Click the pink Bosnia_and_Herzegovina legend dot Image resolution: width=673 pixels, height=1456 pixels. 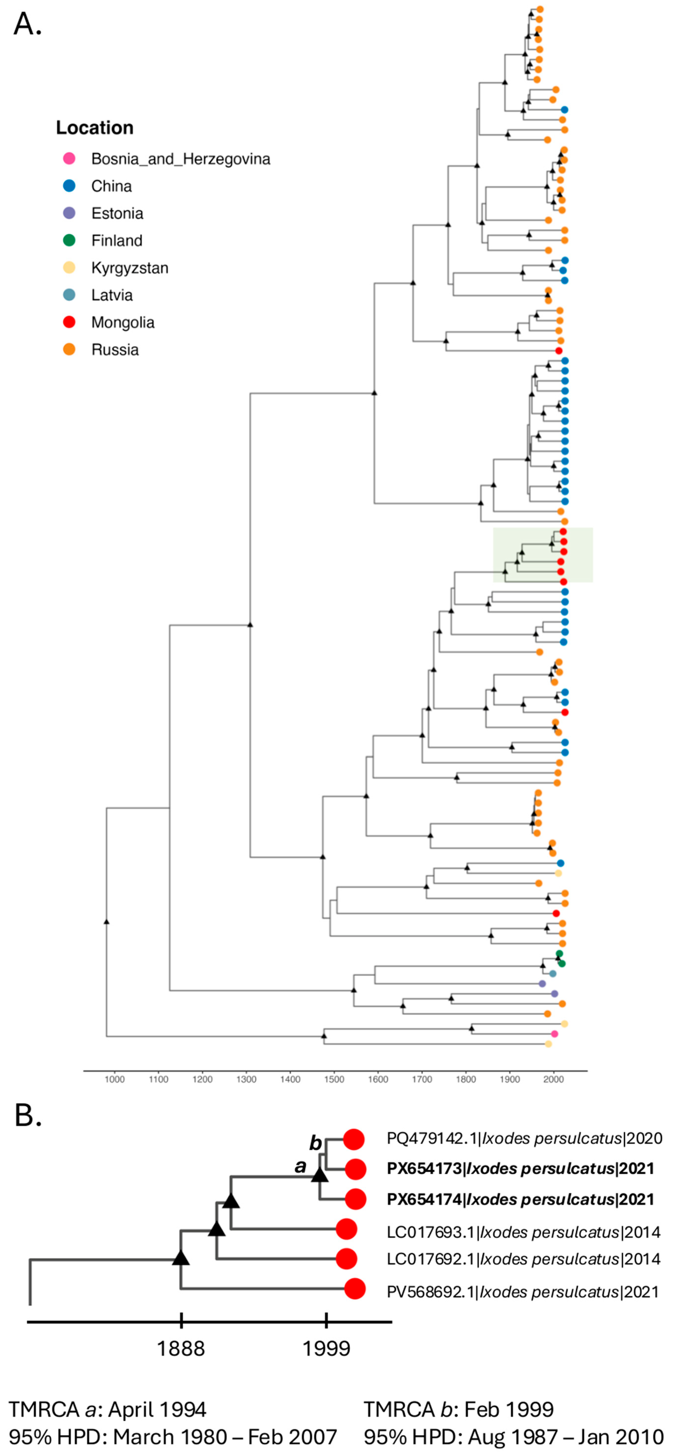(69, 159)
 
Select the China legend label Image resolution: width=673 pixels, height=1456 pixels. (111, 186)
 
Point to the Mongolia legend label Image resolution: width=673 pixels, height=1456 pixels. (123, 322)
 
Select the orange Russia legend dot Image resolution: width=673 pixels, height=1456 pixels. (69, 349)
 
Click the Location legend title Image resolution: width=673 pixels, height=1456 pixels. (94, 128)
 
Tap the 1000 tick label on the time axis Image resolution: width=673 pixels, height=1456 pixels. (115, 1079)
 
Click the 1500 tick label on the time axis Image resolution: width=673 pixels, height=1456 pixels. (334, 1079)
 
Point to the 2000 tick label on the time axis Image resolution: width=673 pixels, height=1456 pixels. (553, 1079)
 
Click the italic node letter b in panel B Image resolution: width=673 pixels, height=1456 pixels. (315, 1142)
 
